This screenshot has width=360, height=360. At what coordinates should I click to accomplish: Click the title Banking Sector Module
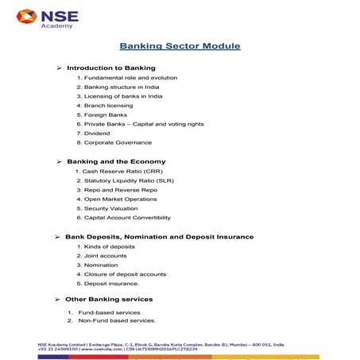point(180,46)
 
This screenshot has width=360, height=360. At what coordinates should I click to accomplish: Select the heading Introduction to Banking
point(110,68)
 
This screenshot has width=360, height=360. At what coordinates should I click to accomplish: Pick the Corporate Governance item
point(117,143)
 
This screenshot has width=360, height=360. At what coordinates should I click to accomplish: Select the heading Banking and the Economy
point(116,161)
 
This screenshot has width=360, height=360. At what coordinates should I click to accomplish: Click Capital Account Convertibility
point(126,218)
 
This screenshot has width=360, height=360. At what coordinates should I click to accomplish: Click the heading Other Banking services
point(109,300)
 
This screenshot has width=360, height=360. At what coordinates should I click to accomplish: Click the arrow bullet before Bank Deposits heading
point(57,237)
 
